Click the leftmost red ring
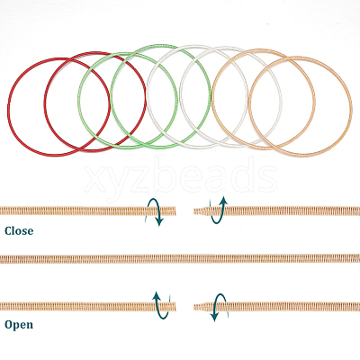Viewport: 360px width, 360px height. [8, 107]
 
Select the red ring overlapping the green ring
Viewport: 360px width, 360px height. [45, 101]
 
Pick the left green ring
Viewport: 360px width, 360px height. [78, 101]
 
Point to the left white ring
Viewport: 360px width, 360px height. [148, 96]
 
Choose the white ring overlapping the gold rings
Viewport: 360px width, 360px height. [180, 96]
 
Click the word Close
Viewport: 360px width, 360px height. [19, 231]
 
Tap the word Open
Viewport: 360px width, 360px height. [19, 325]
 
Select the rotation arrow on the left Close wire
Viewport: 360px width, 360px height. [160, 211]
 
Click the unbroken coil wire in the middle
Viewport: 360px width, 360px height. [180, 258]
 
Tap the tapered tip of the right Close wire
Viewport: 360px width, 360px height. [194, 211]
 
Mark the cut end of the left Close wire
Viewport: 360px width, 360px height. [175, 211]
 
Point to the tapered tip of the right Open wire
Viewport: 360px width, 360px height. [194, 307]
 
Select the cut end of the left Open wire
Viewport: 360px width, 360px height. [175, 307]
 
